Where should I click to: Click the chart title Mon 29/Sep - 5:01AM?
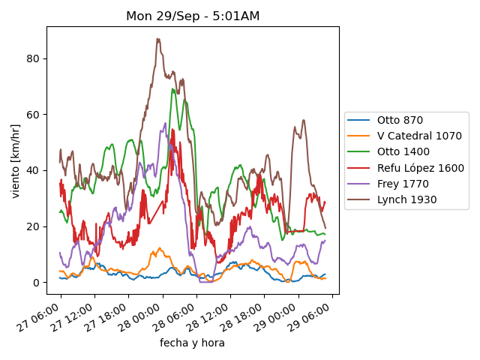(193, 16)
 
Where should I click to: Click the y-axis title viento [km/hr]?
(16, 161)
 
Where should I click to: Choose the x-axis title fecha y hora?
(192, 343)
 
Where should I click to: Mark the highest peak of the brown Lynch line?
(157, 39)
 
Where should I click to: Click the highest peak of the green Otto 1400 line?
(173, 89)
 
